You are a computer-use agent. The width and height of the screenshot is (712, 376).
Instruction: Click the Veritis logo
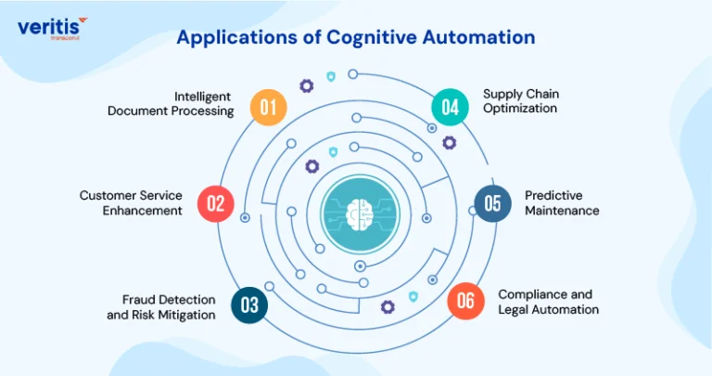[x=53, y=29]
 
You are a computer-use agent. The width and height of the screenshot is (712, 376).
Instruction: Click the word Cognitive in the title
[x=371, y=38]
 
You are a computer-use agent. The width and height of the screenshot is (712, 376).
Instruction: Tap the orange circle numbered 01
[x=268, y=108]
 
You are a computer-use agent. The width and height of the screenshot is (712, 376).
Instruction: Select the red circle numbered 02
[x=216, y=203]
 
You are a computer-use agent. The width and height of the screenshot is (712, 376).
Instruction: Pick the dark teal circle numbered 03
[x=249, y=305]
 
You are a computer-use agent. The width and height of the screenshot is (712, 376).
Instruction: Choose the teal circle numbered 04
[x=450, y=108]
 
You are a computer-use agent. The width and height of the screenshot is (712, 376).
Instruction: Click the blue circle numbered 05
[x=492, y=203]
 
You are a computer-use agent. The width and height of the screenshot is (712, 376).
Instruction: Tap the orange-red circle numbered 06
[x=465, y=301]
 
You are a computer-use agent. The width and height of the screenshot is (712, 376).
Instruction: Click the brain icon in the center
[x=360, y=214]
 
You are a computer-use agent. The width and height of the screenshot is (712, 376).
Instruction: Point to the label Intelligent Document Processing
[x=171, y=104]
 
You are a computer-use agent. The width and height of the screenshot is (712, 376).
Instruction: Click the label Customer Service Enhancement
[x=131, y=202]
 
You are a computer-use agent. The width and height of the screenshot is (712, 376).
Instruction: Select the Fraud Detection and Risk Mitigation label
[x=161, y=307]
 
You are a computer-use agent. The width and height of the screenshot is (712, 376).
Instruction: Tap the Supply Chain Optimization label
[x=521, y=101]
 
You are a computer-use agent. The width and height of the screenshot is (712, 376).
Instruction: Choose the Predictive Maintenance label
[x=562, y=202]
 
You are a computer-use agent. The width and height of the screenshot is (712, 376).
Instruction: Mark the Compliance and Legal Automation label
[x=549, y=302]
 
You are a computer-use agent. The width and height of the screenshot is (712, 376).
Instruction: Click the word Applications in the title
[x=236, y=38]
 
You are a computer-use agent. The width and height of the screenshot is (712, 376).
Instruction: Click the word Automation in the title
[x=478, y=37]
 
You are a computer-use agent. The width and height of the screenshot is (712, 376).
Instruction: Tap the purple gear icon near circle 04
[x=449, y=143]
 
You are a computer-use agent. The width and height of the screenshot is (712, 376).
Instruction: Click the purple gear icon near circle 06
[x=388, y=307]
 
